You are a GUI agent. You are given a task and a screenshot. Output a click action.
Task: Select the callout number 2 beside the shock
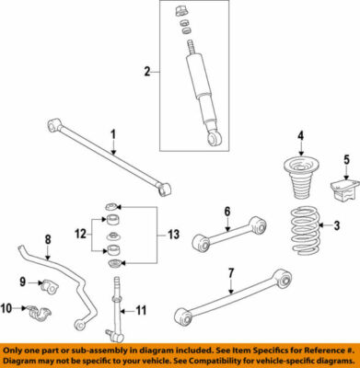click(145, 71)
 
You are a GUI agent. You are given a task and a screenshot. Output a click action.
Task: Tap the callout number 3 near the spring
click(336, 226)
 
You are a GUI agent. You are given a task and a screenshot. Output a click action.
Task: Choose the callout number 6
click(226, 213)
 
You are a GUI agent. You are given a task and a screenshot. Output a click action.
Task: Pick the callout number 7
click(232, 271)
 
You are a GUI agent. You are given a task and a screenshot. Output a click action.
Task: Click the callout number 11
click(142, 309)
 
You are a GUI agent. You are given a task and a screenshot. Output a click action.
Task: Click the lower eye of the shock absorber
click(215, 138)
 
